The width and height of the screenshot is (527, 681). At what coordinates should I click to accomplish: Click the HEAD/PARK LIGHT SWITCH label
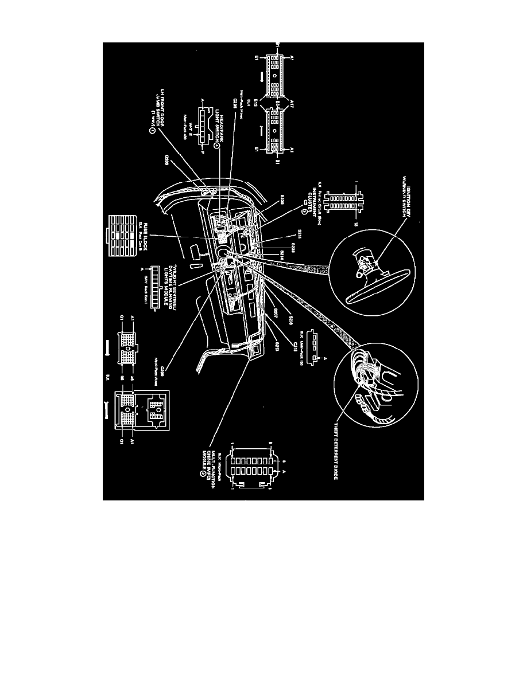click(x=221, y=130)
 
